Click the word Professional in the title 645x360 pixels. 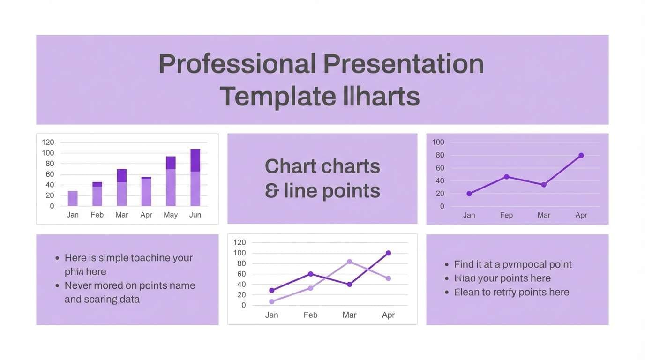click(237, 64)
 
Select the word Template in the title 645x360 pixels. click(277, 97)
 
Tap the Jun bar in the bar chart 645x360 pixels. click(195, 178)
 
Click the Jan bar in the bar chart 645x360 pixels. click(73, 199)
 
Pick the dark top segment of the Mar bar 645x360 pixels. click(122, 176)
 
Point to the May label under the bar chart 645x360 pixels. click(171, 215)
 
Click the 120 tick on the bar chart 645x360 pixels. click(48, 142)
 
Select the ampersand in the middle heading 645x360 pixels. click(271, 191)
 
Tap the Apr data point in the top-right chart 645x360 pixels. click(581, 155)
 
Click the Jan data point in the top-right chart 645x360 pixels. click(469, 194)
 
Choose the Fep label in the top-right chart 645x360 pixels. click(506, 215)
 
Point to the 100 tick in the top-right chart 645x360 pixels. click(438, 142)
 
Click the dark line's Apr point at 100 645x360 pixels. click(389, 253)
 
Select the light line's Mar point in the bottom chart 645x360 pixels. click(350, 262)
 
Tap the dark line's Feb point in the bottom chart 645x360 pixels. click(310, 274)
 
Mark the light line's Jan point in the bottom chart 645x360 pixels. click(272, 301)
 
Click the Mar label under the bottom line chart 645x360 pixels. click(350, 315)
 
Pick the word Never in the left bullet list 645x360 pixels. click(78, 285)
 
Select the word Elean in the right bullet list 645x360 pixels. click(466, 292)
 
